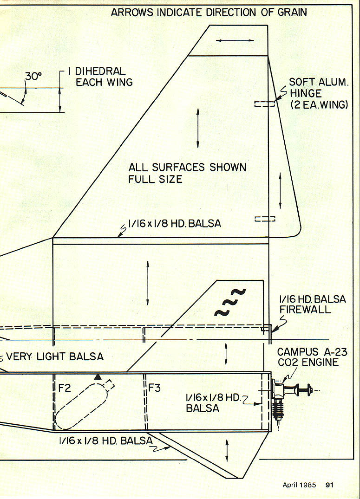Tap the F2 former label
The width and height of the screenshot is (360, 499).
coord(64,388)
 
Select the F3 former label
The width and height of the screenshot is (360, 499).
coord(154,388)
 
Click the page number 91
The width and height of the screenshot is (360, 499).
coord(330,485)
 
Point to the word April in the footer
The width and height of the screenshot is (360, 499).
coord(293,485)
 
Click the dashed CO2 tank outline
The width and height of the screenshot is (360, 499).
coord(81,404)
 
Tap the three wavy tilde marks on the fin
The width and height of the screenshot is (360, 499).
coord(230,302)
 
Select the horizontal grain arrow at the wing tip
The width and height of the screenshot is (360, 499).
coord(235,41)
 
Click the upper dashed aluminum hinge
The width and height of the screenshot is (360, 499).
coord(264,104)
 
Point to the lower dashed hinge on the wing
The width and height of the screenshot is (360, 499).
coord(264,218)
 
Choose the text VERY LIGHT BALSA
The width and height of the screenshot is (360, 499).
coord(55,356)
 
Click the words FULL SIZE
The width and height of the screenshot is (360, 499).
coord(156,179)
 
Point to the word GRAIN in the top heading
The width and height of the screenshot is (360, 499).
coord(291,12)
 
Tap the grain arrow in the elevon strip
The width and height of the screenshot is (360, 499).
coord(280,190)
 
